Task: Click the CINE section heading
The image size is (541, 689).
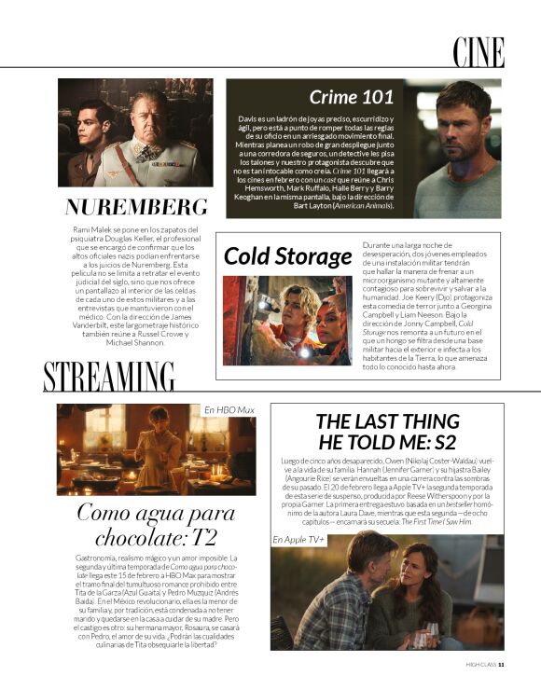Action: coord(479,52)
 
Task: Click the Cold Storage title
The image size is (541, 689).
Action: coord(287,255)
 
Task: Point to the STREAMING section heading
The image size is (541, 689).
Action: coord(109,378)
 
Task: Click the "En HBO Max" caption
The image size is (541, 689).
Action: coord(229,410)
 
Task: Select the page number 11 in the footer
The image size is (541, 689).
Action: coord(502,665)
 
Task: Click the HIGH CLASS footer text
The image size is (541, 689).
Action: coord(479,665)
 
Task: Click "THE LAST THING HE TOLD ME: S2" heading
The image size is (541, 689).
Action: coord(387,432)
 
